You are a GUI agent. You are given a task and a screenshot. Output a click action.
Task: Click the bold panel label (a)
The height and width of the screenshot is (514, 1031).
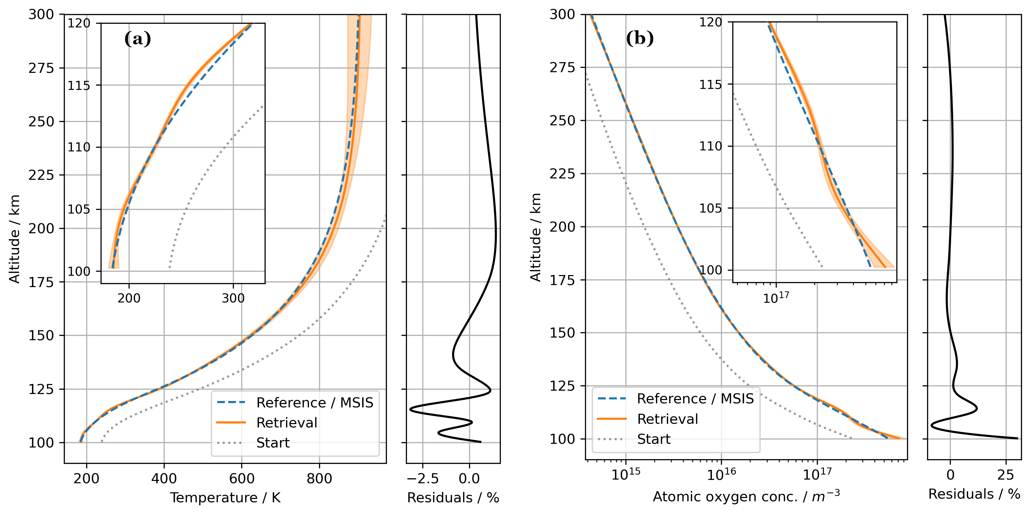coord(137,39)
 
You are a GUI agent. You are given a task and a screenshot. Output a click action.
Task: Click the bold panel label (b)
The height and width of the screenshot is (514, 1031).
coord(639,38)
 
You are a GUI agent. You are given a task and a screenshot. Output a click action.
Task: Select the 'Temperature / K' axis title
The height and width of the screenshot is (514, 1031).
coord(225,498)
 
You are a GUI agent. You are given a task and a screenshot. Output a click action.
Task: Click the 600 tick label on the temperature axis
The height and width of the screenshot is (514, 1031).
coord(242,478)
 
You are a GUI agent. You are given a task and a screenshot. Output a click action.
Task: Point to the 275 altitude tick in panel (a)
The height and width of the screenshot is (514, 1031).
coord(41,68)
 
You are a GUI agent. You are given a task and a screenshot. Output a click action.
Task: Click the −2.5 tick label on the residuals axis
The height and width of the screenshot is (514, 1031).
coord(423,478)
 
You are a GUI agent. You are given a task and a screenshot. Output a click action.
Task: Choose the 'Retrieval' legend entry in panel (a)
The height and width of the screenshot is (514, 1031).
coord(287,423)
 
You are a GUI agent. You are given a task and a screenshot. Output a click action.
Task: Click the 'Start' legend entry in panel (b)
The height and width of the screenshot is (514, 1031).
coord(653,439)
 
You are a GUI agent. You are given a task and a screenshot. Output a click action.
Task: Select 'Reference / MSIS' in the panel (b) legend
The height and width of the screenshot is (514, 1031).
coord(695,399)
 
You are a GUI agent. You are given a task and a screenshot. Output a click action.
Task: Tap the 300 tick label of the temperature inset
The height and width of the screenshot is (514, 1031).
coord(233,298)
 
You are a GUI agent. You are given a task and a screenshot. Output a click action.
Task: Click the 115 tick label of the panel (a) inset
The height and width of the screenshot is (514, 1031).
coord(79,86)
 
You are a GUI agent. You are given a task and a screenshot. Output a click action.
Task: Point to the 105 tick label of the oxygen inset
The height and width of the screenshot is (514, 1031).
coord(710,208)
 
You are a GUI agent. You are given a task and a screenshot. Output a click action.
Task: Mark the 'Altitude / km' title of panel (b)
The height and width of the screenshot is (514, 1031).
coord(536,237)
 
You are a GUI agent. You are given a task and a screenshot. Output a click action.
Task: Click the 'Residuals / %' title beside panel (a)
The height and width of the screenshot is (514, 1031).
coord(453,498)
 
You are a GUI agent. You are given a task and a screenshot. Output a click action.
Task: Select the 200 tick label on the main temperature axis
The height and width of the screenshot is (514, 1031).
coord(87,478)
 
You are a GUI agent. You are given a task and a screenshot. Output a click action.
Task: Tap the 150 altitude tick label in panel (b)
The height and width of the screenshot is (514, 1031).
coord(562,333)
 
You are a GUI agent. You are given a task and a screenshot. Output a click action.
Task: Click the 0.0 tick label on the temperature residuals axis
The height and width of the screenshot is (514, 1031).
coord(469,478)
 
